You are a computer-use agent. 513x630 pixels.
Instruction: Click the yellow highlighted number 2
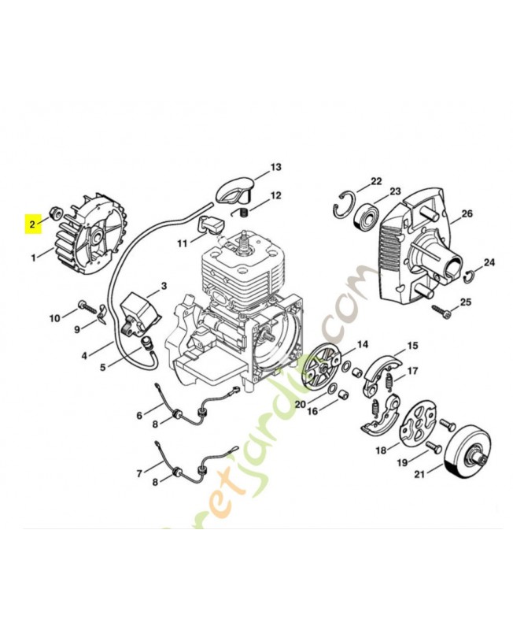coord(32,224)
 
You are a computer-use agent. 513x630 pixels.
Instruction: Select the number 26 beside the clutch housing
coord(467,213)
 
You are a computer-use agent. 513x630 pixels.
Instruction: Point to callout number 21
coord(419,473)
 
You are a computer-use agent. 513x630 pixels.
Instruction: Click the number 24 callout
coord(489,262)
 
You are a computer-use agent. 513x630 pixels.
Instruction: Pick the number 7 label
coord(139,473)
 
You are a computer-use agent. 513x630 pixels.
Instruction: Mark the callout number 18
coord(381,450)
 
